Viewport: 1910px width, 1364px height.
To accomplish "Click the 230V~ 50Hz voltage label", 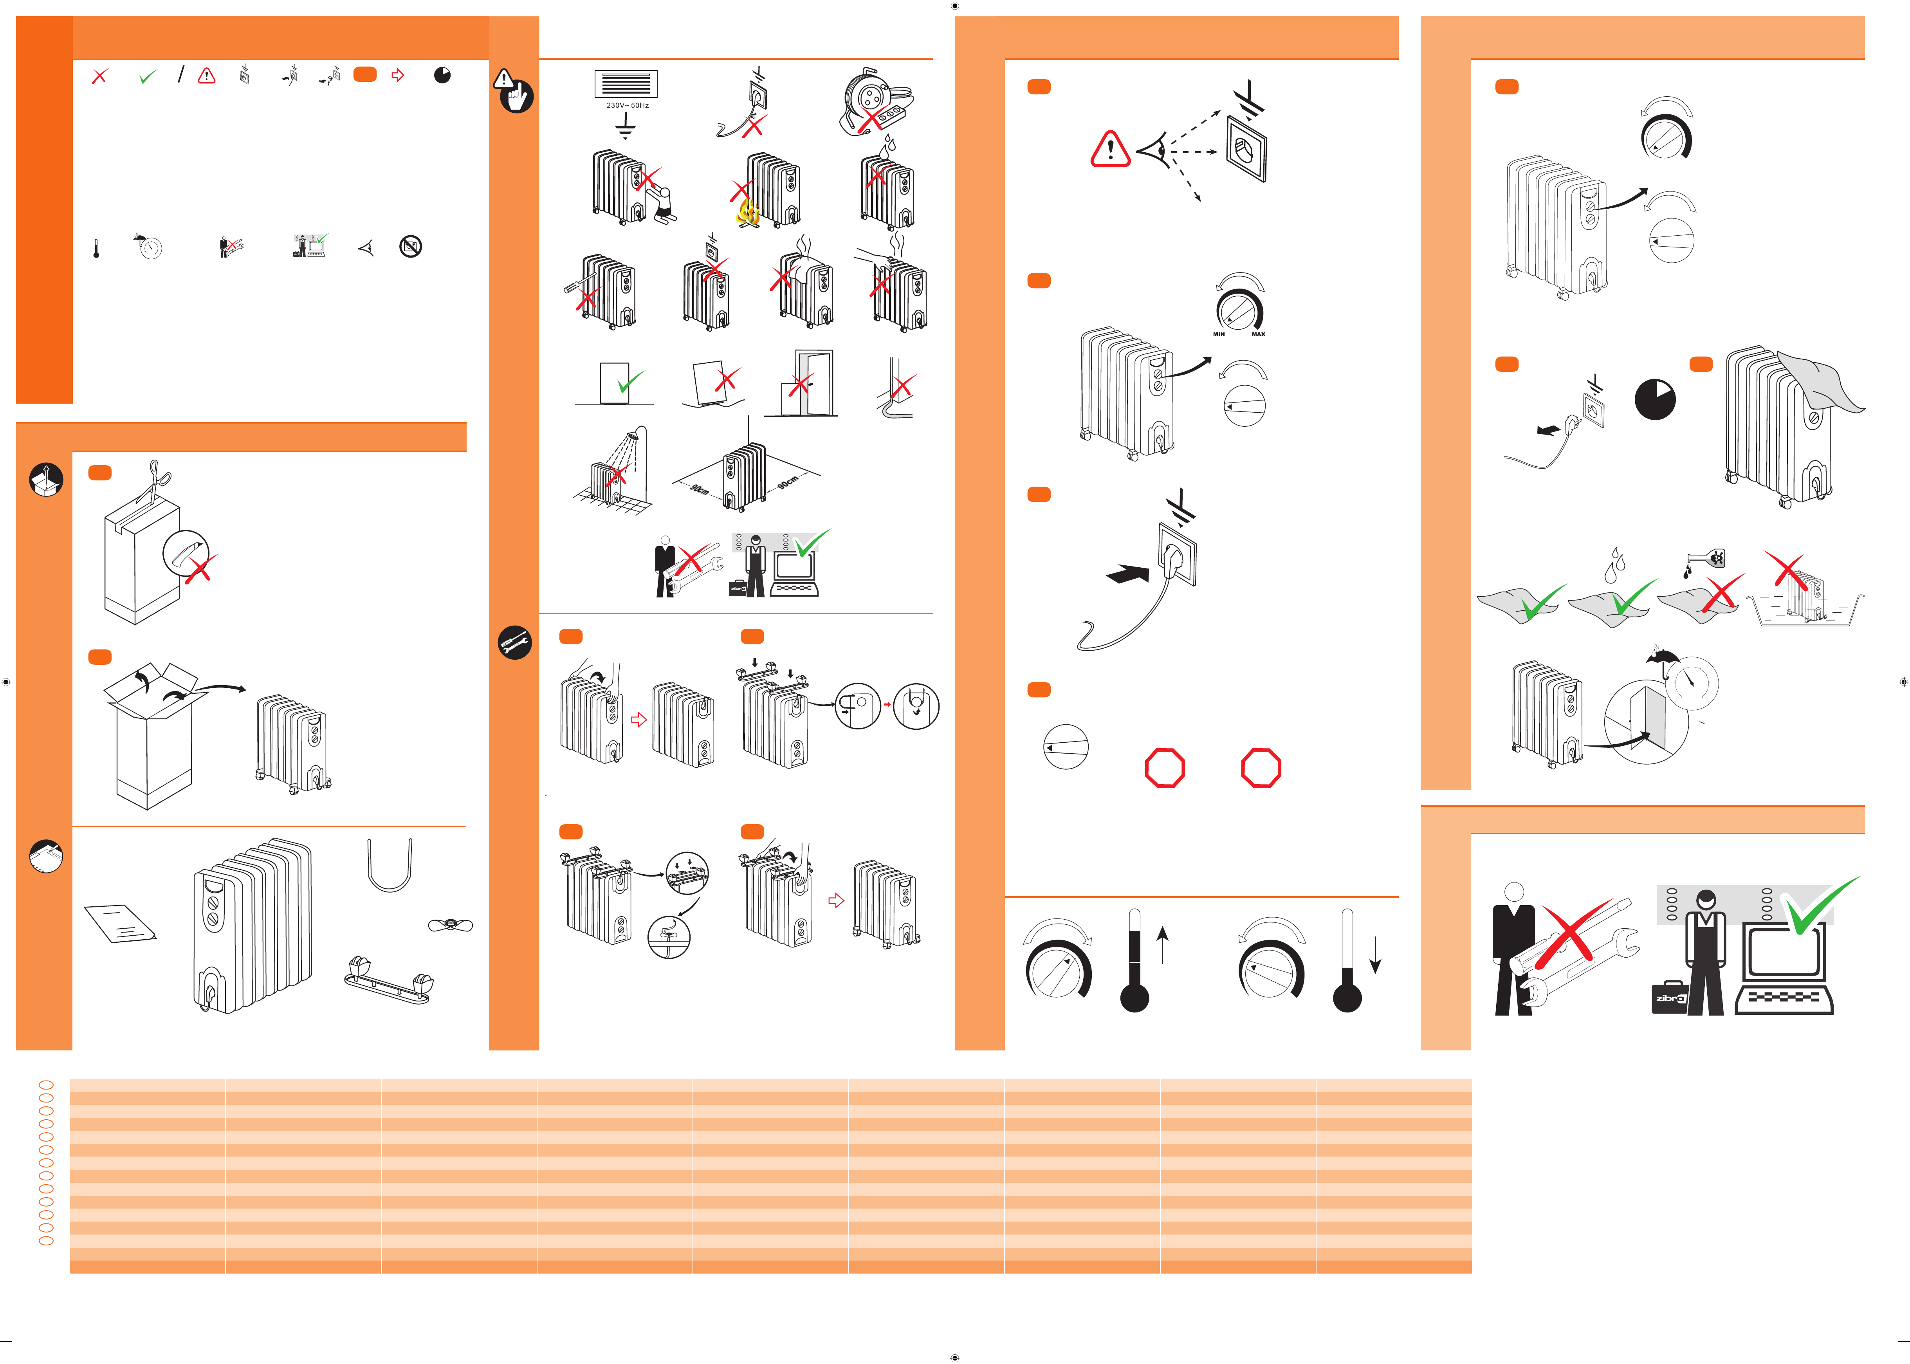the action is [628, 106].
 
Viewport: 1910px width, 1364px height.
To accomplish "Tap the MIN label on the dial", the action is [1219, 334].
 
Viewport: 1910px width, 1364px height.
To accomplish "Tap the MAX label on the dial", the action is [1258, 334].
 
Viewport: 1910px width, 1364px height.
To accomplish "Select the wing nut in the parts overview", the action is [450, 925].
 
